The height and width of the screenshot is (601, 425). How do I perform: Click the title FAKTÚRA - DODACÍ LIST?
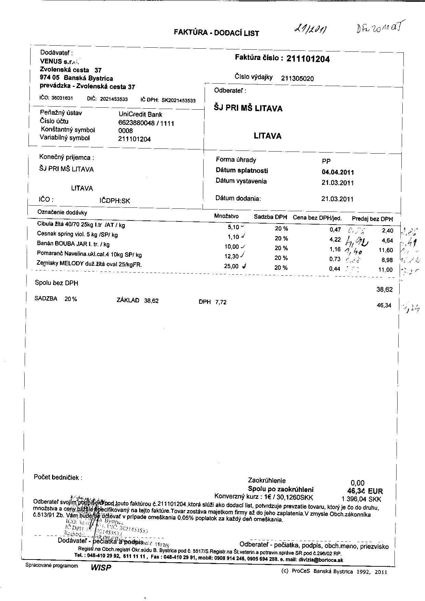216,33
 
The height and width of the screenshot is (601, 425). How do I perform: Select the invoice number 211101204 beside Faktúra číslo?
308,59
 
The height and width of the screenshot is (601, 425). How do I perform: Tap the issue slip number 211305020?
297,79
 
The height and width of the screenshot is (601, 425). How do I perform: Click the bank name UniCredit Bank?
140,115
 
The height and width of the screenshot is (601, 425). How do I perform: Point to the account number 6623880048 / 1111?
146,123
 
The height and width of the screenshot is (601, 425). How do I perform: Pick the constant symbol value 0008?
125,131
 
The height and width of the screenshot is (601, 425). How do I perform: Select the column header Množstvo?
226,216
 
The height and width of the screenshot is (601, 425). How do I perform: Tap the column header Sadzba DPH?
270,217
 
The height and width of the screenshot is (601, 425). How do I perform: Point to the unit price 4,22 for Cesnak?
335,240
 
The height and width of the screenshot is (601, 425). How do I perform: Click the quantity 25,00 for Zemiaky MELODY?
231,266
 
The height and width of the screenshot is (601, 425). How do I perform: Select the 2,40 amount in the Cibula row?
387,231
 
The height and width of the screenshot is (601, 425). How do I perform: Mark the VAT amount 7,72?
221,302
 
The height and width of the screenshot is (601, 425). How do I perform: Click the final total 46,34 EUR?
365,491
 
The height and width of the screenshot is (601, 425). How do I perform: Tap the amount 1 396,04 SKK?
361,500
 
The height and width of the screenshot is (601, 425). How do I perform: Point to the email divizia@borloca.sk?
321,560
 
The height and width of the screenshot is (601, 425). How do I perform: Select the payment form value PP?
326,161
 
